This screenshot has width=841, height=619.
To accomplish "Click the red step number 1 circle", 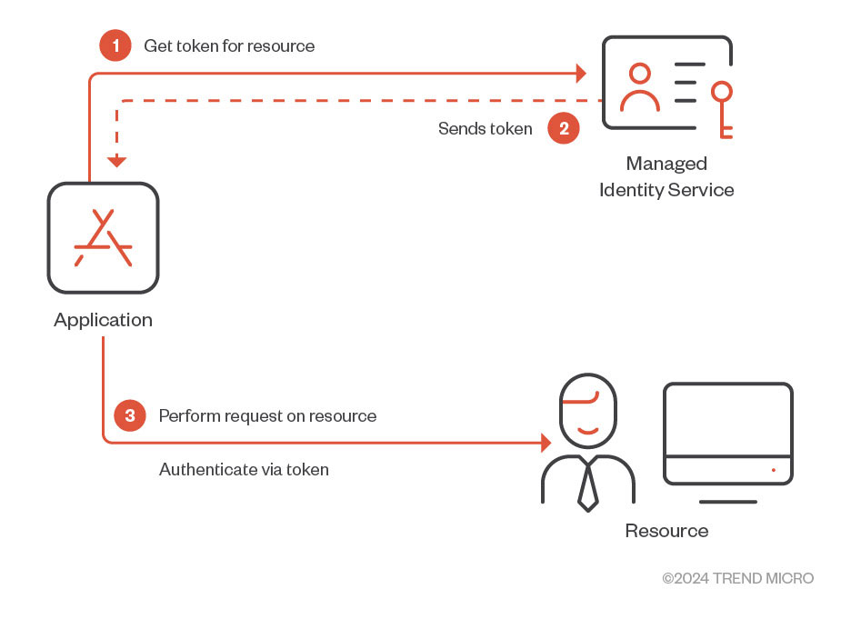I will tap(115, 45).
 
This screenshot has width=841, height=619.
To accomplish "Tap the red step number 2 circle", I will tap(564, 128).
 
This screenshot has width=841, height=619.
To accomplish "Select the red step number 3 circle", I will tap(130, 415).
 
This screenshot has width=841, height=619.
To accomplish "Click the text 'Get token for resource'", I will tap(229, 45).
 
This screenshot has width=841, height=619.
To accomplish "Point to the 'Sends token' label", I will tap(485, 128).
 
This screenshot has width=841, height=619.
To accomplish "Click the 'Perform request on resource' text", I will tap(267, 415).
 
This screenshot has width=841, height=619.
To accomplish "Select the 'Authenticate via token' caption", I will tap(244, 469).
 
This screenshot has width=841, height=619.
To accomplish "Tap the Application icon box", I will tap(103, 238).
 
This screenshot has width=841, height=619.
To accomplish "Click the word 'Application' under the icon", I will tap(103, 320).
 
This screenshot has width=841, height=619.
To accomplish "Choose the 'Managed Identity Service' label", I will tap(666, 176).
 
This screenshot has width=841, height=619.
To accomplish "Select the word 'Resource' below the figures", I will tap(666, 531).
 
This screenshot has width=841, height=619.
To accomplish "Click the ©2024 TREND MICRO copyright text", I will tap(737, 578).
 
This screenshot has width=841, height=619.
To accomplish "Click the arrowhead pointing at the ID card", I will tap(580, 72).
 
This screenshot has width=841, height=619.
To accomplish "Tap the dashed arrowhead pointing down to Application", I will tap(116, 162).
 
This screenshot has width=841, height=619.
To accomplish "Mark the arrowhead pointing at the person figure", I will tap(546, 444).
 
